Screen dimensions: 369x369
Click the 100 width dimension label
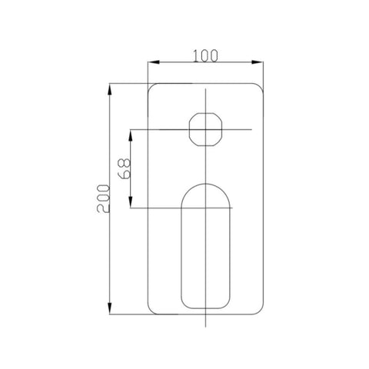[205, 56]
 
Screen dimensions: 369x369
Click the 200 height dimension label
[103, 198]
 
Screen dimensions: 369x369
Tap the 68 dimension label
[124, 168]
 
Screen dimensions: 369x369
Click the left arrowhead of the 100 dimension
[154, 62]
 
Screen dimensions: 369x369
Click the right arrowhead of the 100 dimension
[258, 62]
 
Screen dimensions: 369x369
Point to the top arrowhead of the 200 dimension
[110, 89]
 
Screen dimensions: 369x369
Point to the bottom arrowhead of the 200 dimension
[110, 308]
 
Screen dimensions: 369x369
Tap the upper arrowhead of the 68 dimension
[131, 135]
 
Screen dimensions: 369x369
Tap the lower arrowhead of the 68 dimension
[131, 202]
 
